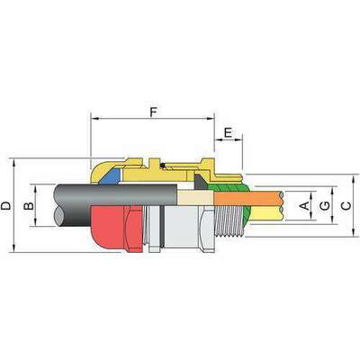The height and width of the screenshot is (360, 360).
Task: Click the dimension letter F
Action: point(154,112)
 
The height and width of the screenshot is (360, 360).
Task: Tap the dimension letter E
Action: point(228,131)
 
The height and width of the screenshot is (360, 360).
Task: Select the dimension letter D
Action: point(7,206)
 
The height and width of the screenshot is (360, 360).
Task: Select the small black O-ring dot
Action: point(160,166)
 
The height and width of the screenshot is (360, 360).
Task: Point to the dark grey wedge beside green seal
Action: point(204,180)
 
